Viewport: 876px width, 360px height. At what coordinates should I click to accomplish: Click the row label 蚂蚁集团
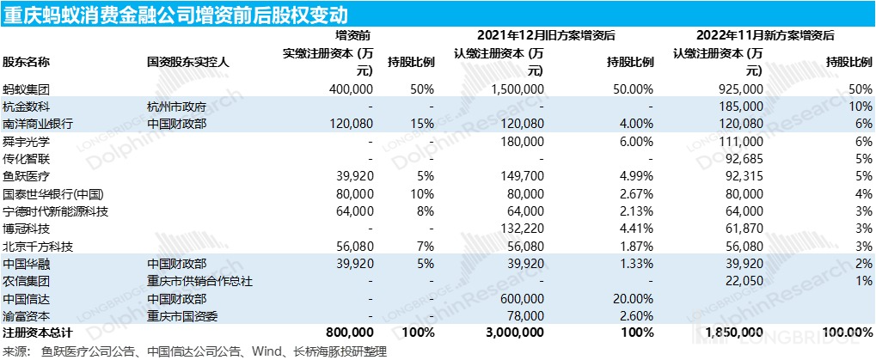27,89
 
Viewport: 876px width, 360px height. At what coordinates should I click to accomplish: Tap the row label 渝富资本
27,316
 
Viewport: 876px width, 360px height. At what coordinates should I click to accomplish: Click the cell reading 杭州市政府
176,107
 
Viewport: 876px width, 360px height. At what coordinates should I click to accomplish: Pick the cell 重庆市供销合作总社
199,282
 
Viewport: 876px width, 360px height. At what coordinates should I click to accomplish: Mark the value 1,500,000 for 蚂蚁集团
518,89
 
